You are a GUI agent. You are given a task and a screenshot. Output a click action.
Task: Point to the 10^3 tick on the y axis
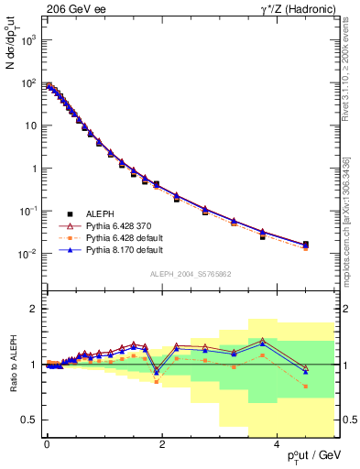pos(28,40)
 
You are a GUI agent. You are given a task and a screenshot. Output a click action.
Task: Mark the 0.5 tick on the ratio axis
pos(27,420)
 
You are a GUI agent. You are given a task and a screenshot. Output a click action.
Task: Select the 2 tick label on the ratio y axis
pos(32,309)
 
